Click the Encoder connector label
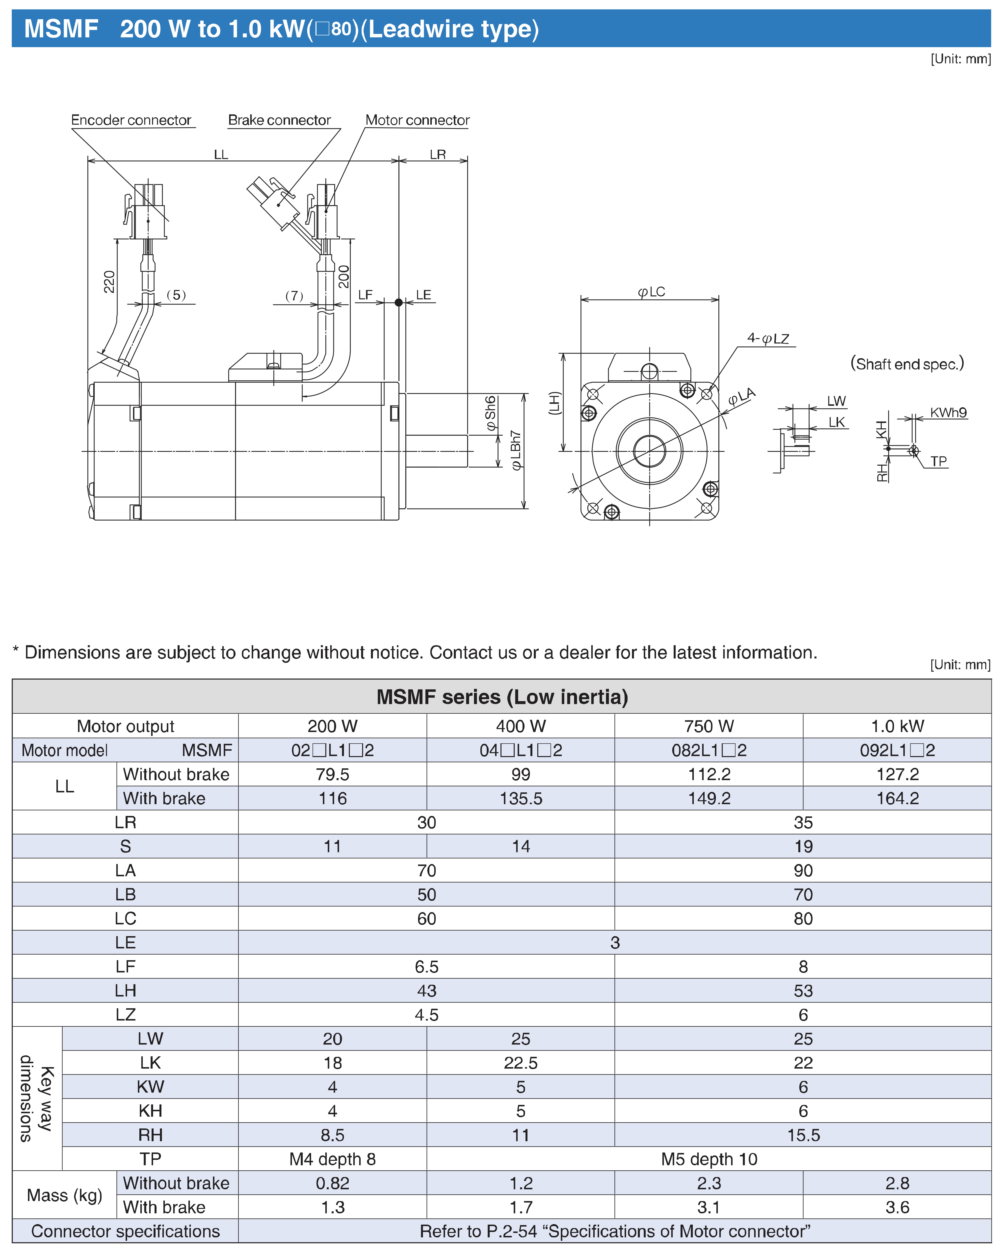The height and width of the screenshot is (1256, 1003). point(131,120)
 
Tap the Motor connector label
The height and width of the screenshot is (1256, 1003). point(417,120)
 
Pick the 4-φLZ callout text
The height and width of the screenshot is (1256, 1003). point(768,339)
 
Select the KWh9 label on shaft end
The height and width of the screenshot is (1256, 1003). point(948,412)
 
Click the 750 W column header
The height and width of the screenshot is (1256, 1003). point(709,726)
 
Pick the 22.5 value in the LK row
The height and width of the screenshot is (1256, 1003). point(520,1063)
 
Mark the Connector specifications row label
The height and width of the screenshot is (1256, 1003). point(125,1231)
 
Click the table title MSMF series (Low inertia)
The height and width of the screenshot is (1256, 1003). point(502,697)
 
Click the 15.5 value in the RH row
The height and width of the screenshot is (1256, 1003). point(803,1135)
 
